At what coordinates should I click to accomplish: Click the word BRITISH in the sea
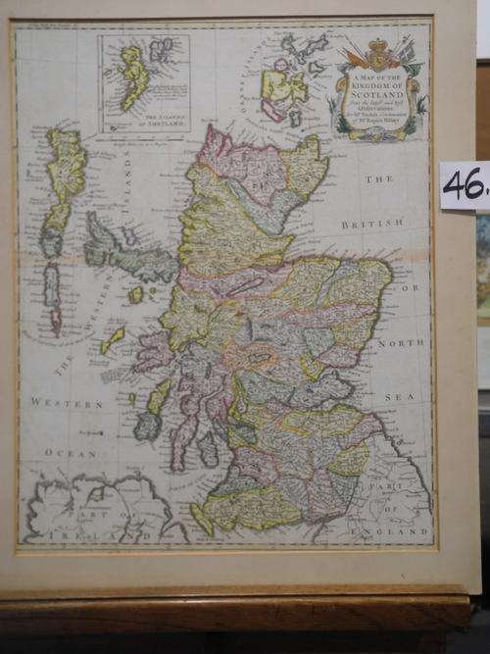tap(372, 225)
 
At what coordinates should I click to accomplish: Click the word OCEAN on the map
tap(73, 454)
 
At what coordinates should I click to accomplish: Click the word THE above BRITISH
tap(378, 179)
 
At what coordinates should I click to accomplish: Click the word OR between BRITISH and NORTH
tap(415, 288)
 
